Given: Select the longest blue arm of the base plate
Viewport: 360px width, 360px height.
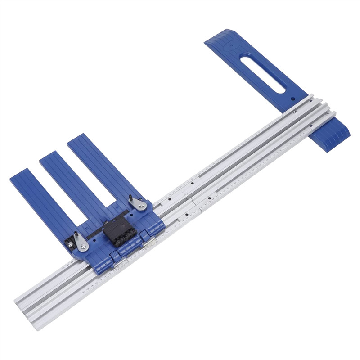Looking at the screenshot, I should click(x=101, y=167).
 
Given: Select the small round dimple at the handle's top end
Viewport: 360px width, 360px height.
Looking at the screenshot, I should click(x=233, y=45).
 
